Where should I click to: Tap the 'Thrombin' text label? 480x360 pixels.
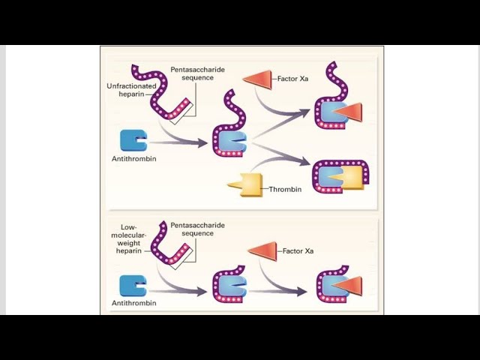pyautogui.click(x=286, y=189)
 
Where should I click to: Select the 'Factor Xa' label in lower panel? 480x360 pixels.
pyautogui.click(x=298, y=250)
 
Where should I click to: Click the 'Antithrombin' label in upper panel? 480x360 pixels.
pyautogui.click(x=133, y=160)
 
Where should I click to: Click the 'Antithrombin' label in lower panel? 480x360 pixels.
pyautogui.click(x=133, y=303)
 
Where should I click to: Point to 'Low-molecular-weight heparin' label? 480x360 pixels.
pyautogui.click(x=136, y=238)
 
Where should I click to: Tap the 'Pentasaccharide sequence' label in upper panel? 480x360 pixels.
pyautogui.click(x=197, y=73)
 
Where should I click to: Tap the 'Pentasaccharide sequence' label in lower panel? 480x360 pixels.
pyautogui.click(x=197, y=229)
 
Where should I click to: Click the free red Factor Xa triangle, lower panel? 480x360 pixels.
pyautogui.click(x=263, y=250)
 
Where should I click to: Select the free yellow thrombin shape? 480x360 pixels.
pyautogui.click(x=250, y=184)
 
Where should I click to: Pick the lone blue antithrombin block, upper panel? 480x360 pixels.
pyautogui.click(x=133, y=139)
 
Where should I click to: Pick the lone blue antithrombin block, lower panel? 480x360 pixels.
pyautogui.click(x=133, y=285)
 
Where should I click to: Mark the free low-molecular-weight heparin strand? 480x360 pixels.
pyautogui.click(x=169, y=246)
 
